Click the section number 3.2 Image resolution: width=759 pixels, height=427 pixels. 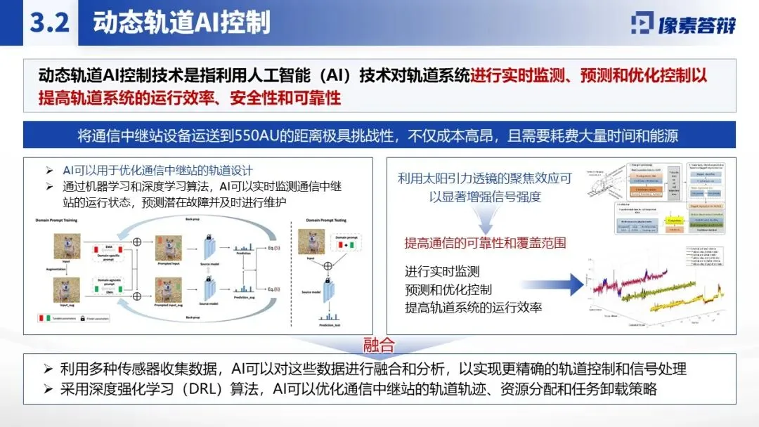point(48,23)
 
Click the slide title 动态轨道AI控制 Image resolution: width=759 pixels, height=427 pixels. point(181,23)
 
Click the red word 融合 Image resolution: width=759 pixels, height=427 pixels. point(379,345)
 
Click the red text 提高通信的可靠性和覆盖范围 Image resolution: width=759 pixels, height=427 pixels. point(485,243)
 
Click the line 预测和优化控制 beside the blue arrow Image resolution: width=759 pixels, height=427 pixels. point(448,289)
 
